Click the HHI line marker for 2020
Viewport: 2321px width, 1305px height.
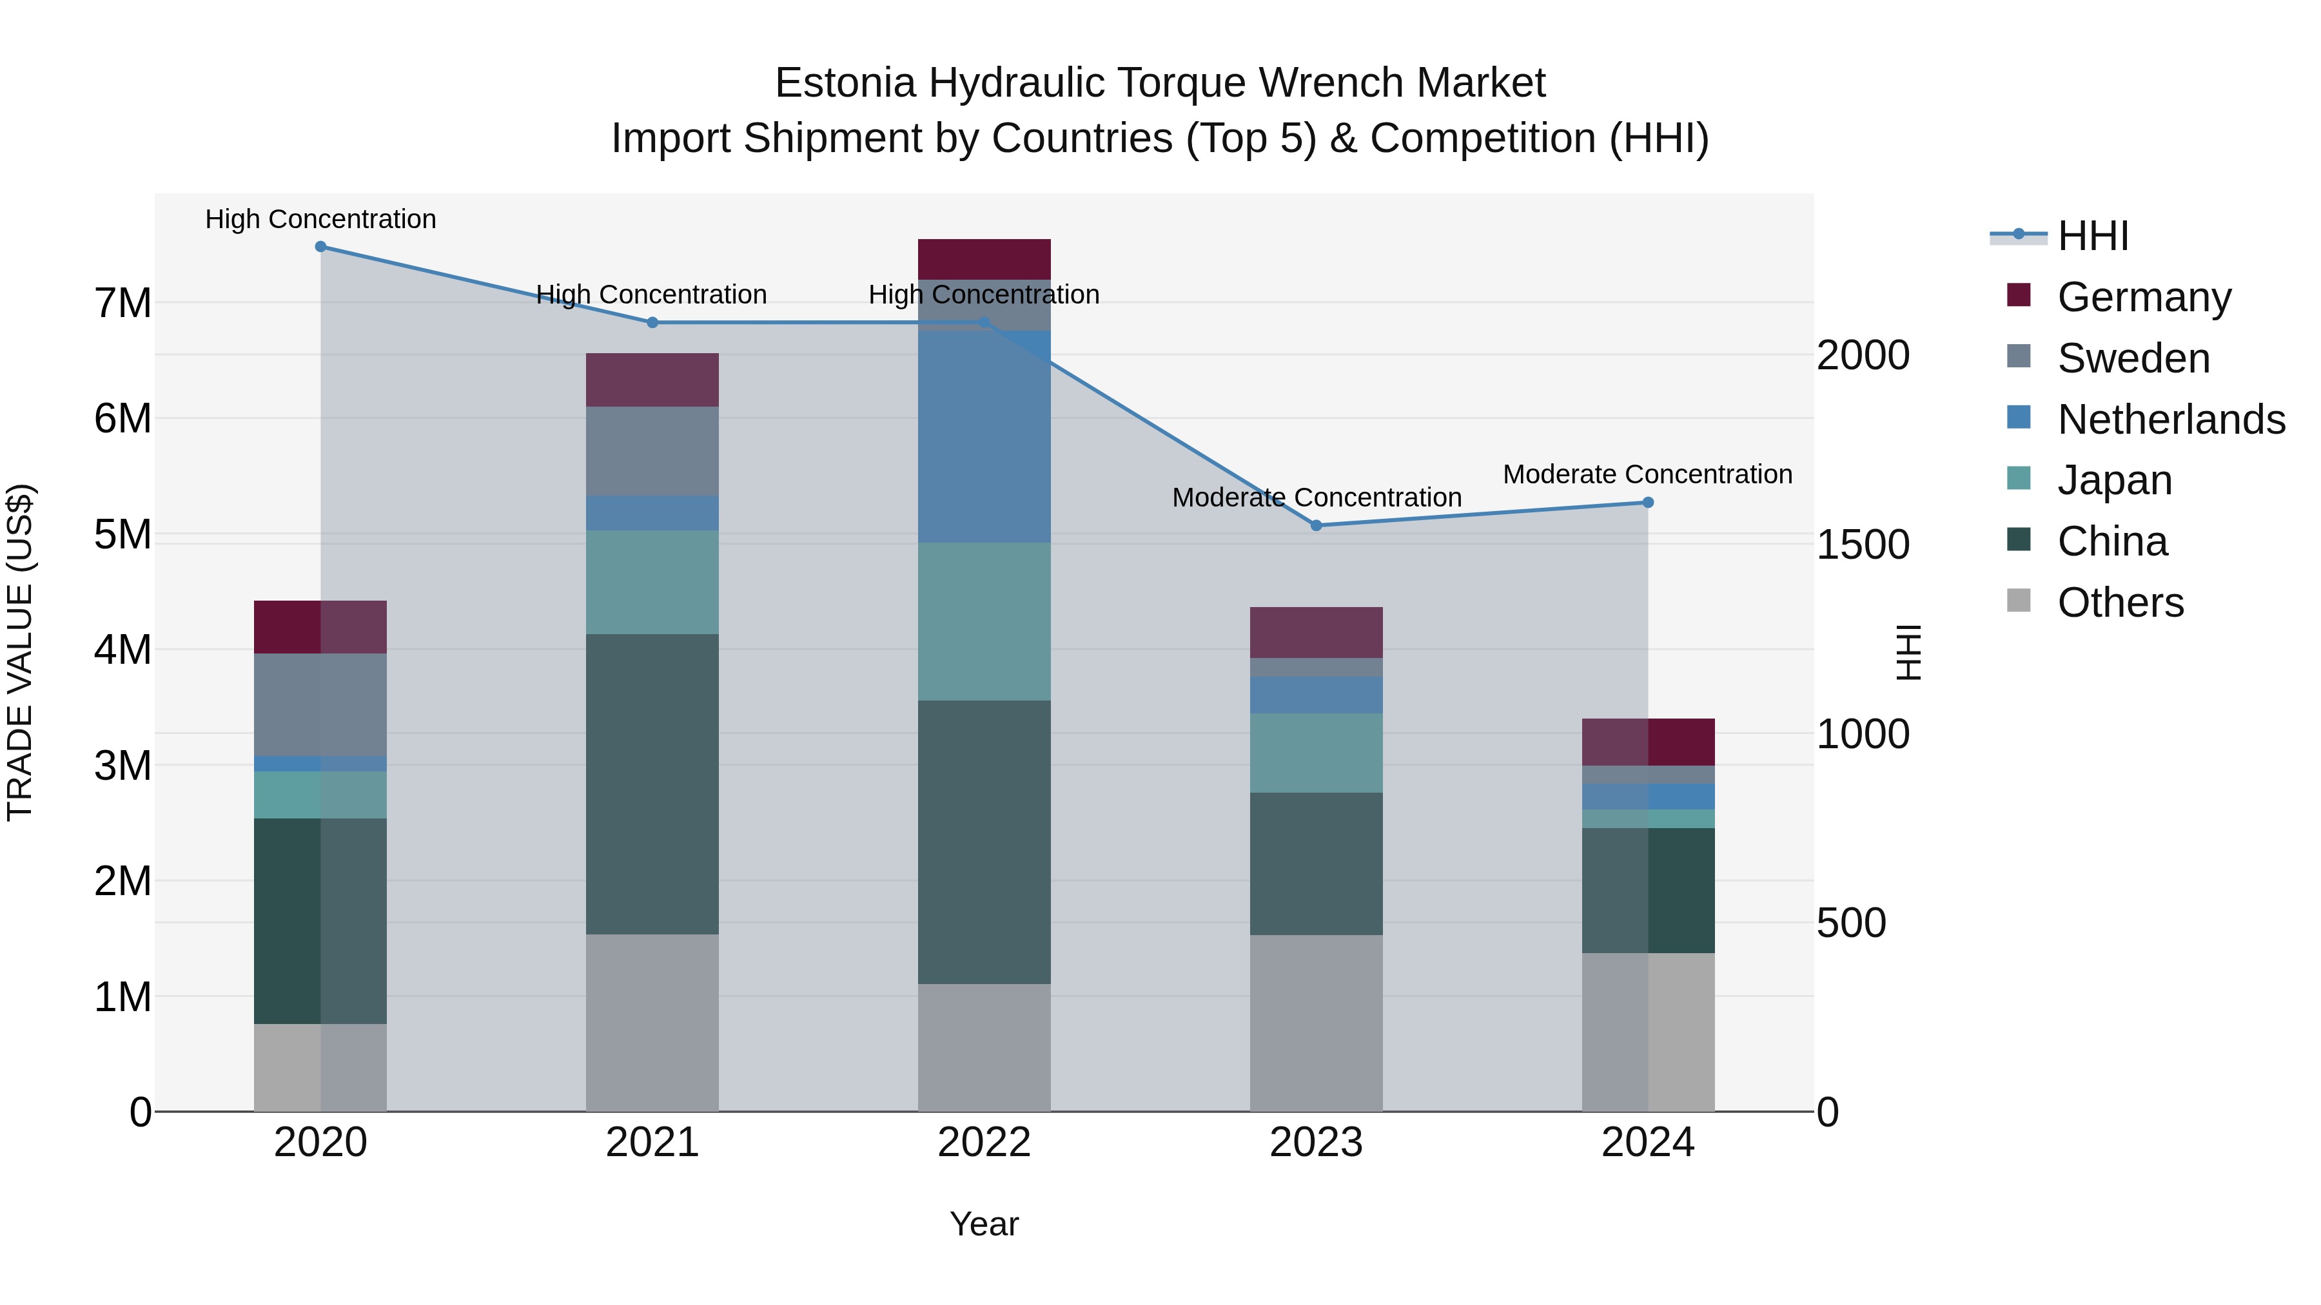321,247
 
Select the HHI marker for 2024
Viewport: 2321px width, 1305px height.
1648,503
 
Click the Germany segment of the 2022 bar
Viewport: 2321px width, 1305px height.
984,259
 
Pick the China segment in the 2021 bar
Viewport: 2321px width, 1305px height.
652,784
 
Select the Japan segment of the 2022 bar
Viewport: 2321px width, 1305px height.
984,621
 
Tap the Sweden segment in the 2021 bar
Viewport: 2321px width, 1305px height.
652,451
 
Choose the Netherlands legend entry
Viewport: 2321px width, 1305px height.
2171,420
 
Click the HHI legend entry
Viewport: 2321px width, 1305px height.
2093,236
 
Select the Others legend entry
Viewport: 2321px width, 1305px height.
2120,603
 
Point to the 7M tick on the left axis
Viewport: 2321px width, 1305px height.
122,304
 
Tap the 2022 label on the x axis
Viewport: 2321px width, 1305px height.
984,1143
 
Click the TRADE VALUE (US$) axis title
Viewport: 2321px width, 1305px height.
21,652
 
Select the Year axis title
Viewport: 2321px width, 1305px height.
984,1224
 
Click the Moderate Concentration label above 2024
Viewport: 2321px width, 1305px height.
1647,474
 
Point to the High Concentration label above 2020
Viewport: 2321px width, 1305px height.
321,220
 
